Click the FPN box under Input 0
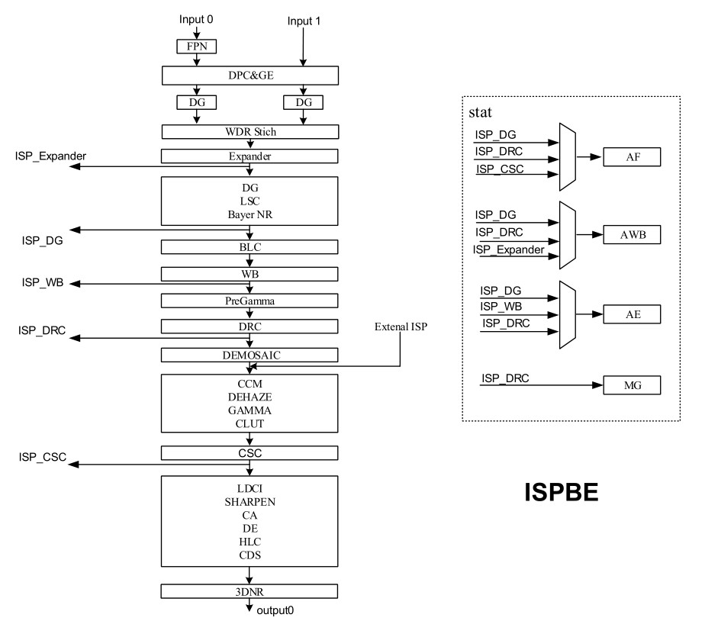click(197, 47)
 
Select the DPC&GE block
click(250, 75)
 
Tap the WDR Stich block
click(250, 132)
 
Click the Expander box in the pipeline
click(250, 156)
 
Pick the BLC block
click(250, 246)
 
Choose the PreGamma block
click(250, 301)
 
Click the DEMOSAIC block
click(250, 355)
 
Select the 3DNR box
click(250, 591)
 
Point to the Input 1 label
click(304, 21)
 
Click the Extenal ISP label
click(401, 327)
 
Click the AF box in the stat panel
click(631, 158)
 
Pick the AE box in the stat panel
click(631, 313)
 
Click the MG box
click(631, 386)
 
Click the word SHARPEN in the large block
click(249, 500)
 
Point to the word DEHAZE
click(249, 397)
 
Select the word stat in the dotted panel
click(484, 113)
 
